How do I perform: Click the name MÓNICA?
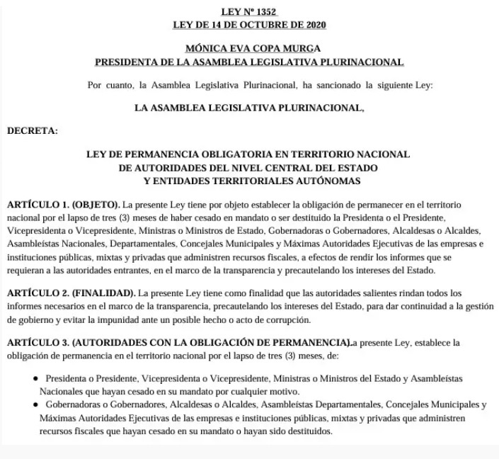coord(204,49)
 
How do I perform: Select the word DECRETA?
coord(33,130)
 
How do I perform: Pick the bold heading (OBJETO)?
coord(96,205)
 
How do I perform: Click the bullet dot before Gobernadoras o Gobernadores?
coord(35,405)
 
